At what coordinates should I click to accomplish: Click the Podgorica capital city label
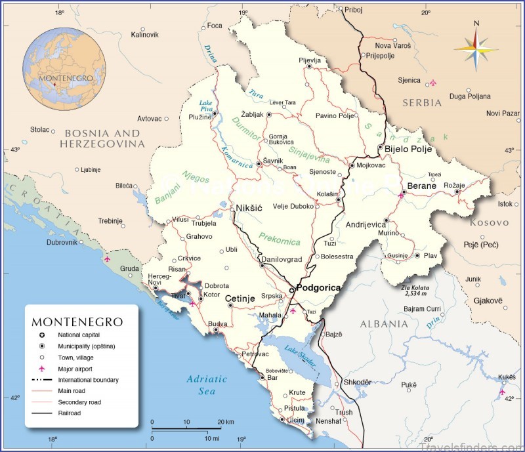pyautogui.click(x=319, y=288)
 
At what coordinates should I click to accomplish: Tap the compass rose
pyautogui.click(x=476, y=45)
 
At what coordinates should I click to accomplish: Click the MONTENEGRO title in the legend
pyautogui.click(x=77, y=322)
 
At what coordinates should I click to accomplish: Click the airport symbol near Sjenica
pyautogui.click(x=432, y=83)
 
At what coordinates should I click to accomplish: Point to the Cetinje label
pyautogui.click(x=240, y=299)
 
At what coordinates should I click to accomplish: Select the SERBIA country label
pyautogui.click(x=422, y=104)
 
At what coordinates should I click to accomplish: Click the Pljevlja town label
pyautogui.click(x=309, y=60)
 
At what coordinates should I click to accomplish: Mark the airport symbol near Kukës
pyautogui.click(x=502, y=392)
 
